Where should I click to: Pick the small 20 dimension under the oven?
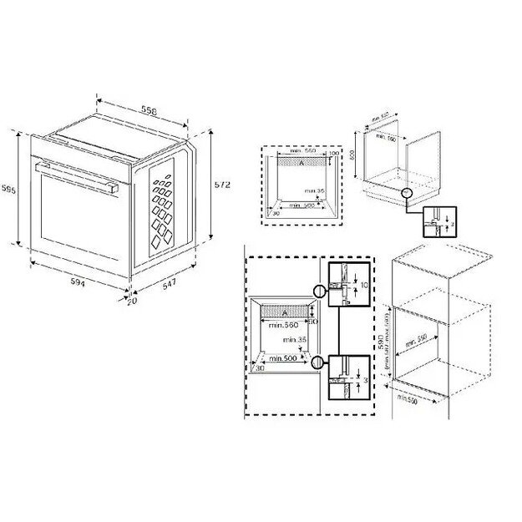click(x=132, y=302)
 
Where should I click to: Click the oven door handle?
click(x=74, y=173)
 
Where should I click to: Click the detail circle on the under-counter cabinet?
click(x=406, y=193)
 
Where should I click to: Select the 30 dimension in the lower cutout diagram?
click(x=259, y=367)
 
